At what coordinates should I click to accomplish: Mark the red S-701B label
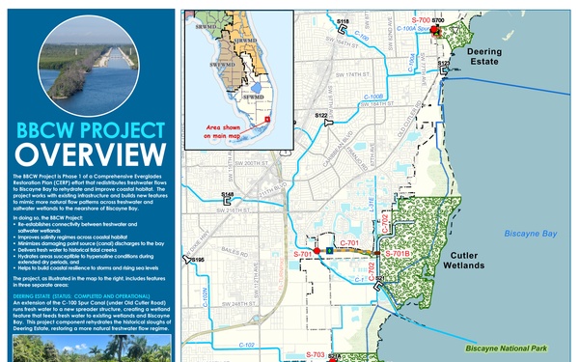(398, 253)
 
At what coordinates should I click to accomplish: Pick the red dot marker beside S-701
(317, 250)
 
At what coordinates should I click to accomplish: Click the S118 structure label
(344, 20)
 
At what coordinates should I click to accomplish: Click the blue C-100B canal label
(375, 97)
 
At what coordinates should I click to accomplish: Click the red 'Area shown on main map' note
(233, 132)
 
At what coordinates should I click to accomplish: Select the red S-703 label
(315, 354)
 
